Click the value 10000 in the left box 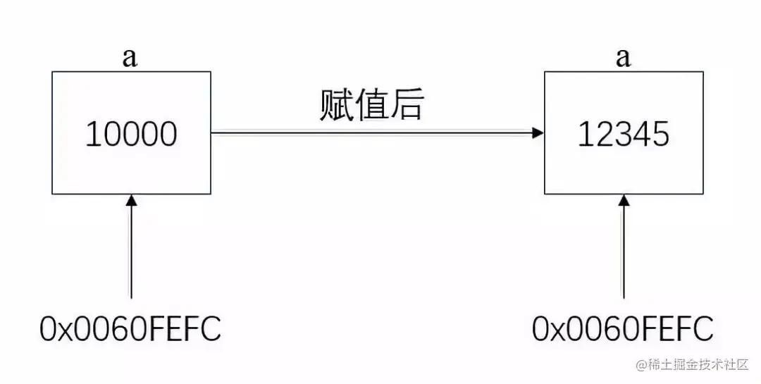click(131, 134)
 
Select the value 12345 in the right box click(623, 134)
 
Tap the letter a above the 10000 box click(130, 58)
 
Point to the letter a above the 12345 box click(623, 58)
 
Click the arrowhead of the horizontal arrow click(538, 132)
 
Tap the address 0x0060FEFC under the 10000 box click(131, 328)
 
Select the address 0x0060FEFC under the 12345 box click(623, 328)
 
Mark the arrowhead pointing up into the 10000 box click(130, 201)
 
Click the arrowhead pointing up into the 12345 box click(623, 201)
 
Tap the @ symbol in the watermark click(641, 365)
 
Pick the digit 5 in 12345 click(660, 134)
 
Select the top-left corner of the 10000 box click(52, 72)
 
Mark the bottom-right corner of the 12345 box click(703, 193)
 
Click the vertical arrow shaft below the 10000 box click(130, 254)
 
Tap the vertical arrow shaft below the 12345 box click(623, 254)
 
